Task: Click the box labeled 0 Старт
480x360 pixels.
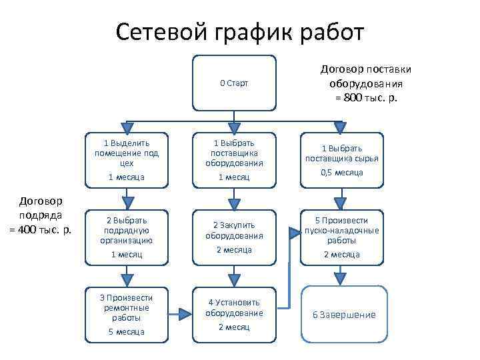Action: [x=234, y=83]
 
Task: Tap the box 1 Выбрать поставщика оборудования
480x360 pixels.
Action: [x=234, y=161]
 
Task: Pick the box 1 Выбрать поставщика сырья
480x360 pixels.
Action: [x=342, y=161]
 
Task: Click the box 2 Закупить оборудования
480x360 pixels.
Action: [x=234, y=237]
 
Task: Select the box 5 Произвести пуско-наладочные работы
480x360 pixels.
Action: [x=342, y=237]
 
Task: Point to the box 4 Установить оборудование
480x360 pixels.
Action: [x=234, y=314]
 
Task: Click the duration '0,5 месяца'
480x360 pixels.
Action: [x=342, y=173]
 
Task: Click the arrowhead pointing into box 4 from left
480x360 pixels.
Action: [x=185, y=311]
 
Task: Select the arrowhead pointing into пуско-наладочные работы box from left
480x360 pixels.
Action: [x=294, y=232]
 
